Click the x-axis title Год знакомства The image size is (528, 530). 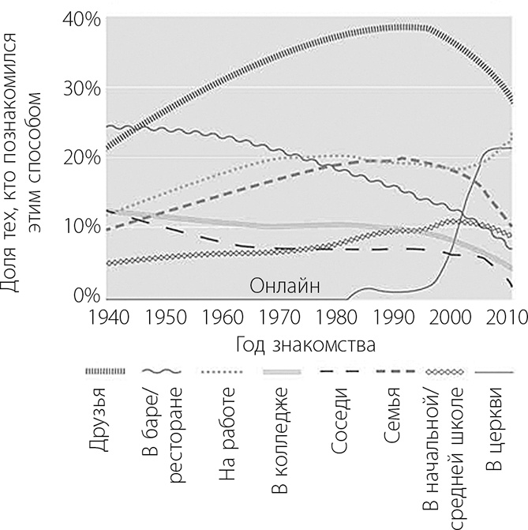tap(304, 346)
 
